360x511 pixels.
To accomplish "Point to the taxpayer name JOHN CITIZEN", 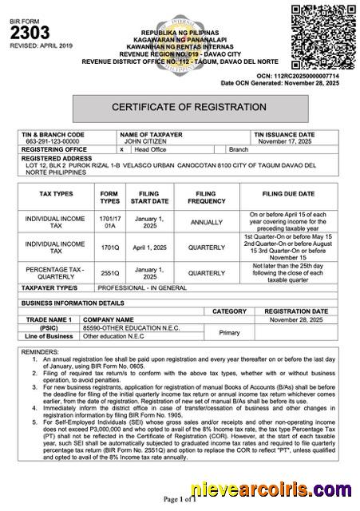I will coord(142,141).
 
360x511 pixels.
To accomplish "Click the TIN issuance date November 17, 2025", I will coord(282,141).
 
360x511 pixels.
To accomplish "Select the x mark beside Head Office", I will coord(121,149).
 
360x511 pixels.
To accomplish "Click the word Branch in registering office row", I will coord(239,149).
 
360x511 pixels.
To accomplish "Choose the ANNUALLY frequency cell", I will coord(206,223).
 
